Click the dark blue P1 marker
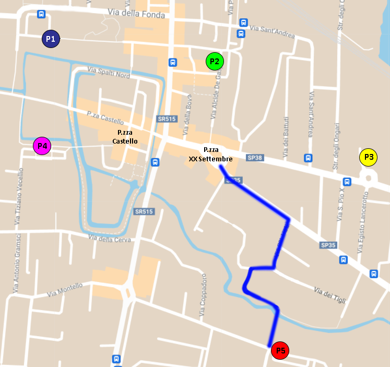point(51,39)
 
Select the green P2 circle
point(215,62)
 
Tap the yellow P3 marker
point(369,157)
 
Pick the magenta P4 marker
point(42,146)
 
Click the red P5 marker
point(280,351)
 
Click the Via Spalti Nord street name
point(109,73)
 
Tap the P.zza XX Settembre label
point(211,154)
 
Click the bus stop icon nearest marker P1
point(41,14)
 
